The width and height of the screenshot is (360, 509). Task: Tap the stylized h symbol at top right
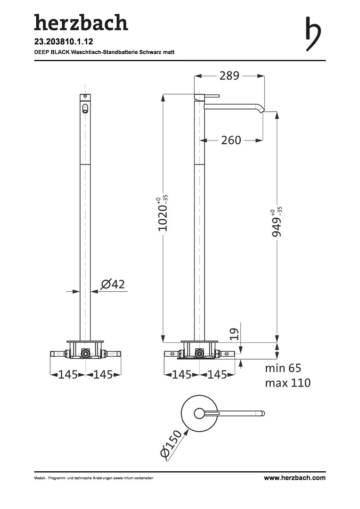(x=313, y=34)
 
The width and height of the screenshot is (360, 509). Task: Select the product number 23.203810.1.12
(x=64, y=41)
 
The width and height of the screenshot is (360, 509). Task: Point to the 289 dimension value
(x=229, y=75)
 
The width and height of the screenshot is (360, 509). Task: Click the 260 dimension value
(x=231, y=140)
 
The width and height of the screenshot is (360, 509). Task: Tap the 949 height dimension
(x=277, y=222)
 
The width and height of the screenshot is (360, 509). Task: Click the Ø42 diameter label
(x=113, y=284)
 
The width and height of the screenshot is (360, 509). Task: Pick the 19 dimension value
(x=234, y=334)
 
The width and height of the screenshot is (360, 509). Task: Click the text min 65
(x=283, y=368)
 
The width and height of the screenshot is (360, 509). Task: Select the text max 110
(x=287, y=383)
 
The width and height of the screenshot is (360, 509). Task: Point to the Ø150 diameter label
(x=171, y=444)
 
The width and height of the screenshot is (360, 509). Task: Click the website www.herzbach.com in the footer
(x=295, y=478)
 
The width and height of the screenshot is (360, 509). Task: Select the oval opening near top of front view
(x=85, y=108)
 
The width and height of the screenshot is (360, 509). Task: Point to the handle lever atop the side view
(x=207, y=96)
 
